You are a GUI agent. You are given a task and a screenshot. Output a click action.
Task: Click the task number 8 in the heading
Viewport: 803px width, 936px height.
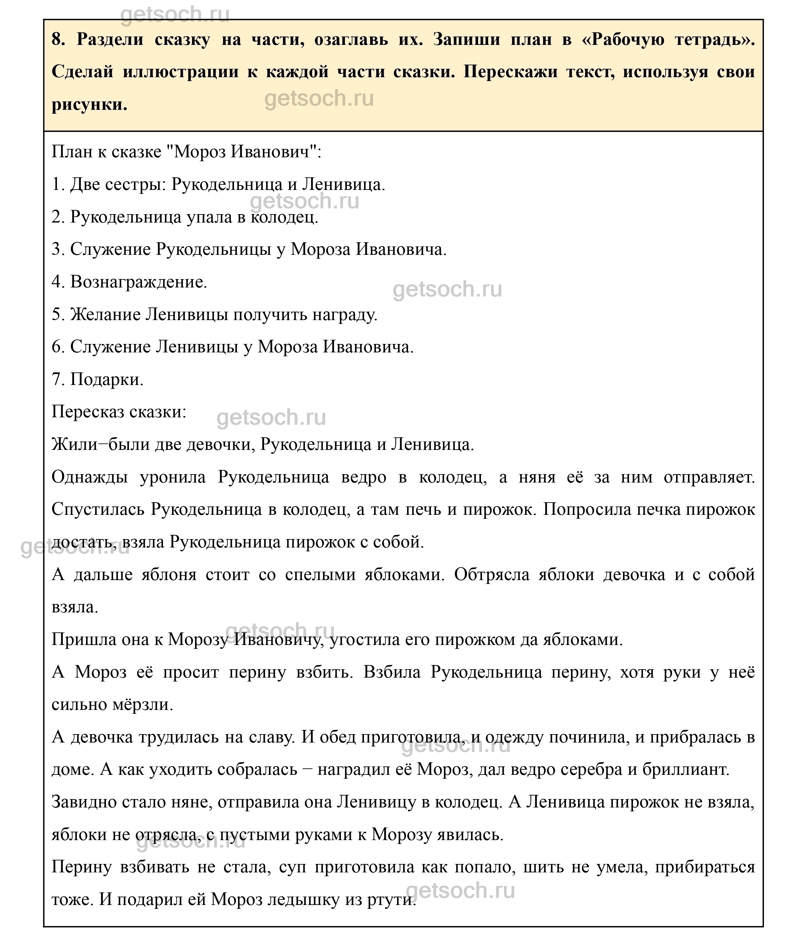tap(58, 39)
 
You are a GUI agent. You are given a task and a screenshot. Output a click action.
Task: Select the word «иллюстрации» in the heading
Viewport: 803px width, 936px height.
tap(180, 72)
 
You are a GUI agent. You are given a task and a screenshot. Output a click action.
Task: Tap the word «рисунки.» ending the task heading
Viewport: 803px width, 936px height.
tap(90, 105)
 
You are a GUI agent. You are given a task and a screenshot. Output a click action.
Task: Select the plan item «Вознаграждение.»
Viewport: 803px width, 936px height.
tap(138, 282)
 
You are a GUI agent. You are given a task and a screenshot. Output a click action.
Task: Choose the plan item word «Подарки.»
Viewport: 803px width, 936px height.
tap(107, 380)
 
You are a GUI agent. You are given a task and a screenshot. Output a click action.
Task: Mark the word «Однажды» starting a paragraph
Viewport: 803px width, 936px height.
tap(90, 477)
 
